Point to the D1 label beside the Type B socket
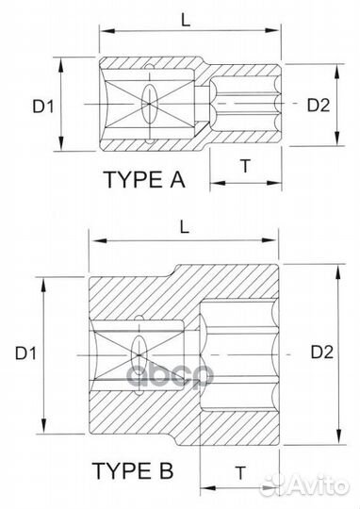point(25,353)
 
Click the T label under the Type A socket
point(246,165)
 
